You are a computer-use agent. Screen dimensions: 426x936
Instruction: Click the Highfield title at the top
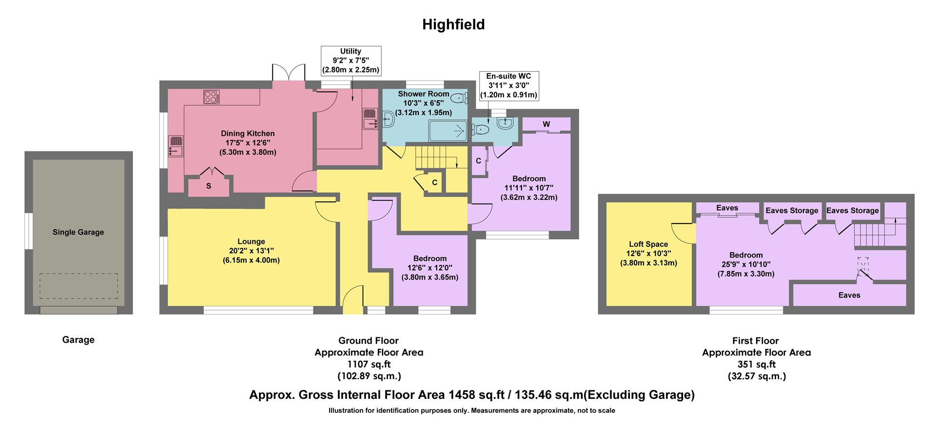(x=453, y=24)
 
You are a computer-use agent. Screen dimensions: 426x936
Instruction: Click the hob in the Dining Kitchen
(x=212, y=97)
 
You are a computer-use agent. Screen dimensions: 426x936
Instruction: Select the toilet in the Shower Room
(x=458, y=98)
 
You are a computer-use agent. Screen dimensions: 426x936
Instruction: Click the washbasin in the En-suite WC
(x=504, y=123)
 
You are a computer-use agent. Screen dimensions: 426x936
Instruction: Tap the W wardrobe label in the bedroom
(x=546, y=125)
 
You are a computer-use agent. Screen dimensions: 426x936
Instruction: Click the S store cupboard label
(x=209, y=186)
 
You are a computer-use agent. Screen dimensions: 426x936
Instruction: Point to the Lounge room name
(x=251, y=241)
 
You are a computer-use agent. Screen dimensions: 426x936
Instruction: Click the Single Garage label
(x=78, y=232)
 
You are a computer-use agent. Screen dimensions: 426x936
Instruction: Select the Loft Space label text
(x=648, y=244)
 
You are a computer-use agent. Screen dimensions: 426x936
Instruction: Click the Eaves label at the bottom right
(x=849, y=295)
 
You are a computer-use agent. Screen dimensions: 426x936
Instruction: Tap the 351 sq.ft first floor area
(x=756, y=364)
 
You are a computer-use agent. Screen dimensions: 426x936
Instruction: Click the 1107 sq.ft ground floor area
(x=369, y=364)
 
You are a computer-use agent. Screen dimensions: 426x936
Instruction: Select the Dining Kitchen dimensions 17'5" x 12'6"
(x=248, y=143)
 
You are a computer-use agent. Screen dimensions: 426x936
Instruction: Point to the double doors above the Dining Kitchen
(x=288, y=73)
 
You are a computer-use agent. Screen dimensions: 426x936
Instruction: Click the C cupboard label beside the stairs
(x=434, y=183)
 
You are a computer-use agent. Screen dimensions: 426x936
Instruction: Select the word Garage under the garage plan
(x=78, y=340)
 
